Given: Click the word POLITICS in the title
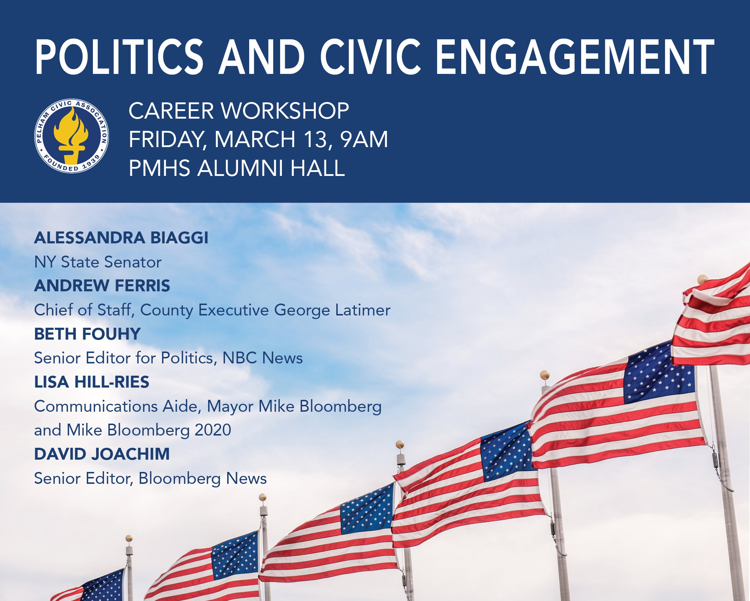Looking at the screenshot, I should (119, 57).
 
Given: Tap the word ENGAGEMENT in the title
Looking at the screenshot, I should (575, 57).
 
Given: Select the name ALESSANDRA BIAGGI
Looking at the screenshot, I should (121, 238).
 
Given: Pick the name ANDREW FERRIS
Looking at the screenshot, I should (102, 286).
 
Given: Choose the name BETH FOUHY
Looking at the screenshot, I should (87, 334).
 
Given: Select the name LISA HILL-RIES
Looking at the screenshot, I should (91, 382).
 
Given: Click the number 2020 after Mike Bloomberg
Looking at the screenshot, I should (213, 430).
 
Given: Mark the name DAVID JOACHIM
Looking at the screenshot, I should (102, 454).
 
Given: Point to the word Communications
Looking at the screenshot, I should (96, 406).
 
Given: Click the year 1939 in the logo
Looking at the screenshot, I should (91, 162).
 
